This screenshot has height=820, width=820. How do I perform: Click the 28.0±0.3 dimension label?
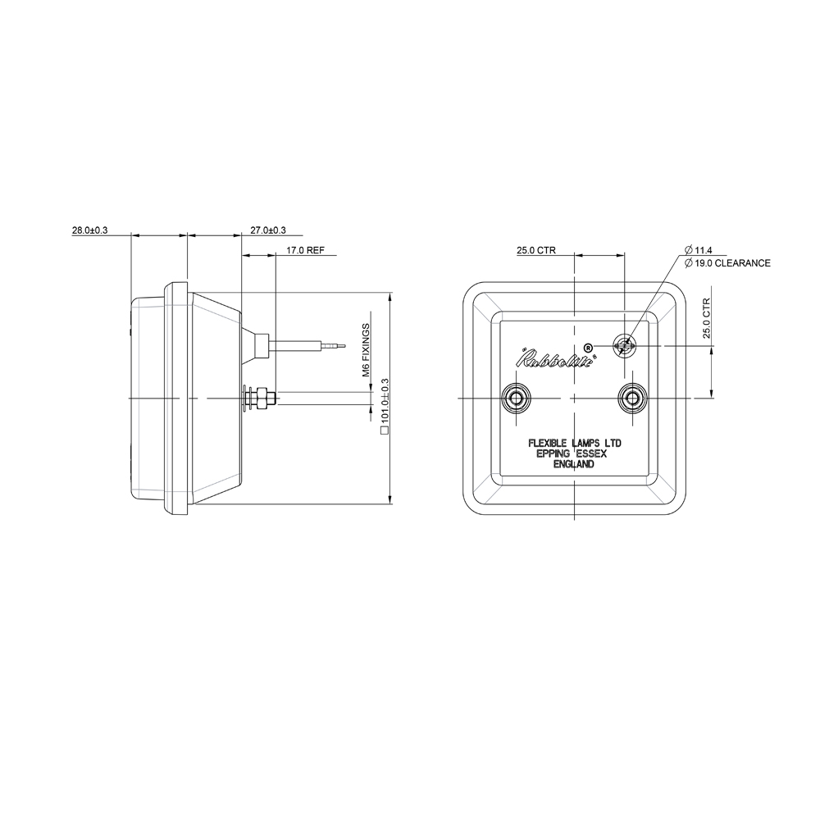(x=89, y=231)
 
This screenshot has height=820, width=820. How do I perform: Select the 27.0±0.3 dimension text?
(x=267, y=231)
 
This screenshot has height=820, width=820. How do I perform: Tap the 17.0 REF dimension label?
(x=306, y=252)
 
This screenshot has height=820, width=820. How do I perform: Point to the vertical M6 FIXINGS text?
(x=367, y=349)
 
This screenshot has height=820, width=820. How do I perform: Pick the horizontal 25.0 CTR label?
(x=536, y=252)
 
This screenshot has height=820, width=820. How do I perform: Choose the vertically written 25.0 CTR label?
(x=705, y=319)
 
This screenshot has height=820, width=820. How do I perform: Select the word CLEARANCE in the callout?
(x=743, y=263)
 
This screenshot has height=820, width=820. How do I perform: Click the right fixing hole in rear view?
(x=631, y=398)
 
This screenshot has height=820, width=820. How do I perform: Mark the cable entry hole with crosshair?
(x=625, y=346)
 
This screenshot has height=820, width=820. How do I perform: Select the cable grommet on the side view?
(x=261, y=345)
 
